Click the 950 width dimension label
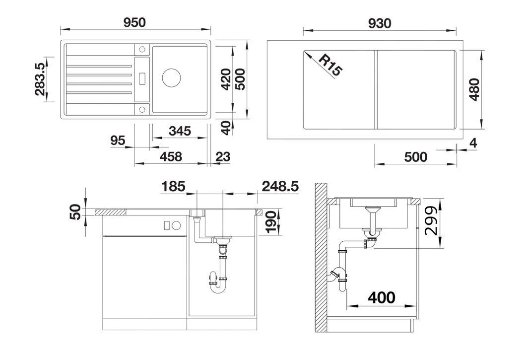click(134, 22)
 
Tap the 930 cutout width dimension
click(380, 23)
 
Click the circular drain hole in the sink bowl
click(171, 78)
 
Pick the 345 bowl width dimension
click(180, 131)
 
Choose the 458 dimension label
click(171, 156)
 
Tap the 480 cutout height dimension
click(474, 89)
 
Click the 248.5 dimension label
click(280, 186)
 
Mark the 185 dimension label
click(173, 186)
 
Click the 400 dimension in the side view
click(381, 297)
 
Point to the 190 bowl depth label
click(271, 221)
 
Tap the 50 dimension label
click(76, 212)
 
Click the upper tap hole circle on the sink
click(142, 49)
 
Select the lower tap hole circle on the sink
click(142, 109)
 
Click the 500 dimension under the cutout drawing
click(415, 157)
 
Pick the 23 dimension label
click(223, 156)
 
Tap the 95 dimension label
click(118, 141)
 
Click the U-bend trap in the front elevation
click(218, 283)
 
